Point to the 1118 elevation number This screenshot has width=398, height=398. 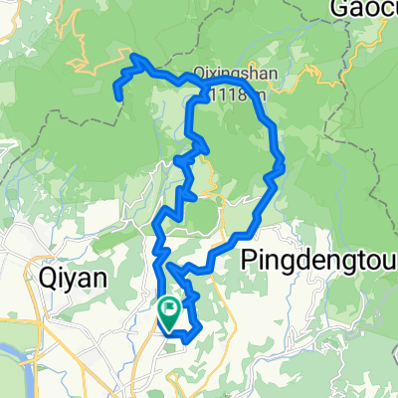pyautogui.click(x=235, y=95)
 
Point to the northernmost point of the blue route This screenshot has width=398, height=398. pyautogui.click(x=135, y=56)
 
